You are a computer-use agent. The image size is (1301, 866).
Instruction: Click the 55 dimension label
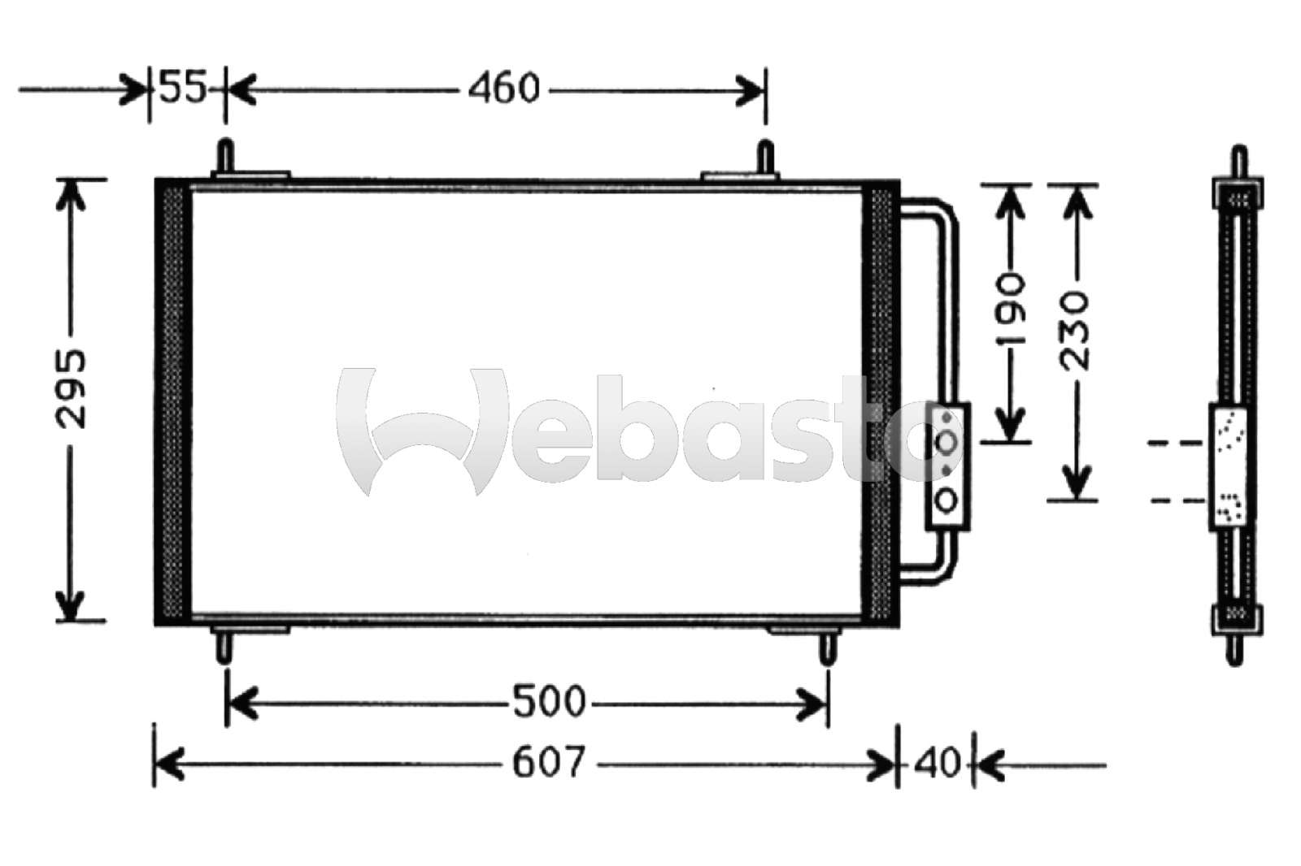coord(183,87)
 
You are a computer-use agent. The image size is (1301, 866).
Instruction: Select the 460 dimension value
coord(504,89)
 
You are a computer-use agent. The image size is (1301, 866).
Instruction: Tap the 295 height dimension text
coord(71,389)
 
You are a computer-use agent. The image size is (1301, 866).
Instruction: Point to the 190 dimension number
coord(1010,310)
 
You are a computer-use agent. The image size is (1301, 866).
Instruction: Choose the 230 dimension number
coord(1074,331)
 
